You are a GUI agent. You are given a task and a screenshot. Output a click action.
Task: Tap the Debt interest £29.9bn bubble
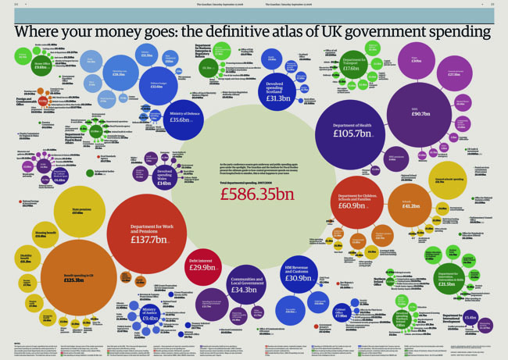[x=203, y=266]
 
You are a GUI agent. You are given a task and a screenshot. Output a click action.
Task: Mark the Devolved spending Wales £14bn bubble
[x=164, y=176]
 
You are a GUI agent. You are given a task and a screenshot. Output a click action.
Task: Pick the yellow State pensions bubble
[x=78, y=212]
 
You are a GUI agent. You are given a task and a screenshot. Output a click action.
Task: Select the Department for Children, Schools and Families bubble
[x=357, y=202]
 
